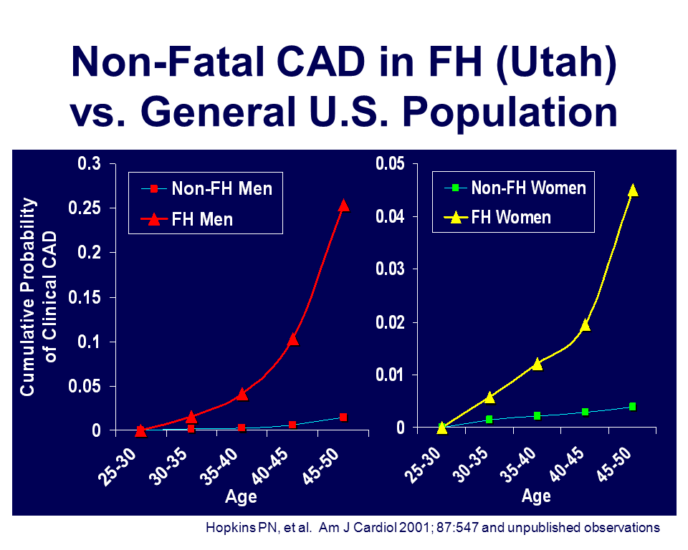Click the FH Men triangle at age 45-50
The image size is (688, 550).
tap(343, 206)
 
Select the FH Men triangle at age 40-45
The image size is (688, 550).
tap(292, 339)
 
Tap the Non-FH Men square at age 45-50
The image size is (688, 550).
tap(343, 417)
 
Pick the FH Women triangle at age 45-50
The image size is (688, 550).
tap(632, 190)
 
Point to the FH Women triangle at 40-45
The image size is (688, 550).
tap(585, 324)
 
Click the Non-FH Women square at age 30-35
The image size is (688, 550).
tap(489, 419)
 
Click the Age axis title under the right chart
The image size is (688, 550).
tap(536, 496)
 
